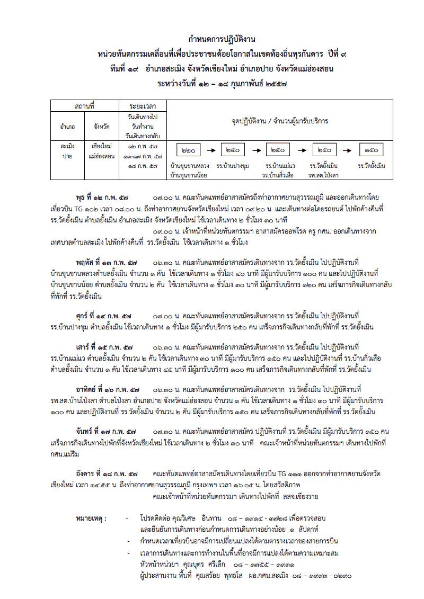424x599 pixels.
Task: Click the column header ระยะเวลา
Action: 143,106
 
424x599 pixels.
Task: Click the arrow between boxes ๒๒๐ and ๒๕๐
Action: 210,150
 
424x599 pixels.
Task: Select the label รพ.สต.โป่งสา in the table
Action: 324,174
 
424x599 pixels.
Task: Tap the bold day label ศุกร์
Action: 86,314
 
